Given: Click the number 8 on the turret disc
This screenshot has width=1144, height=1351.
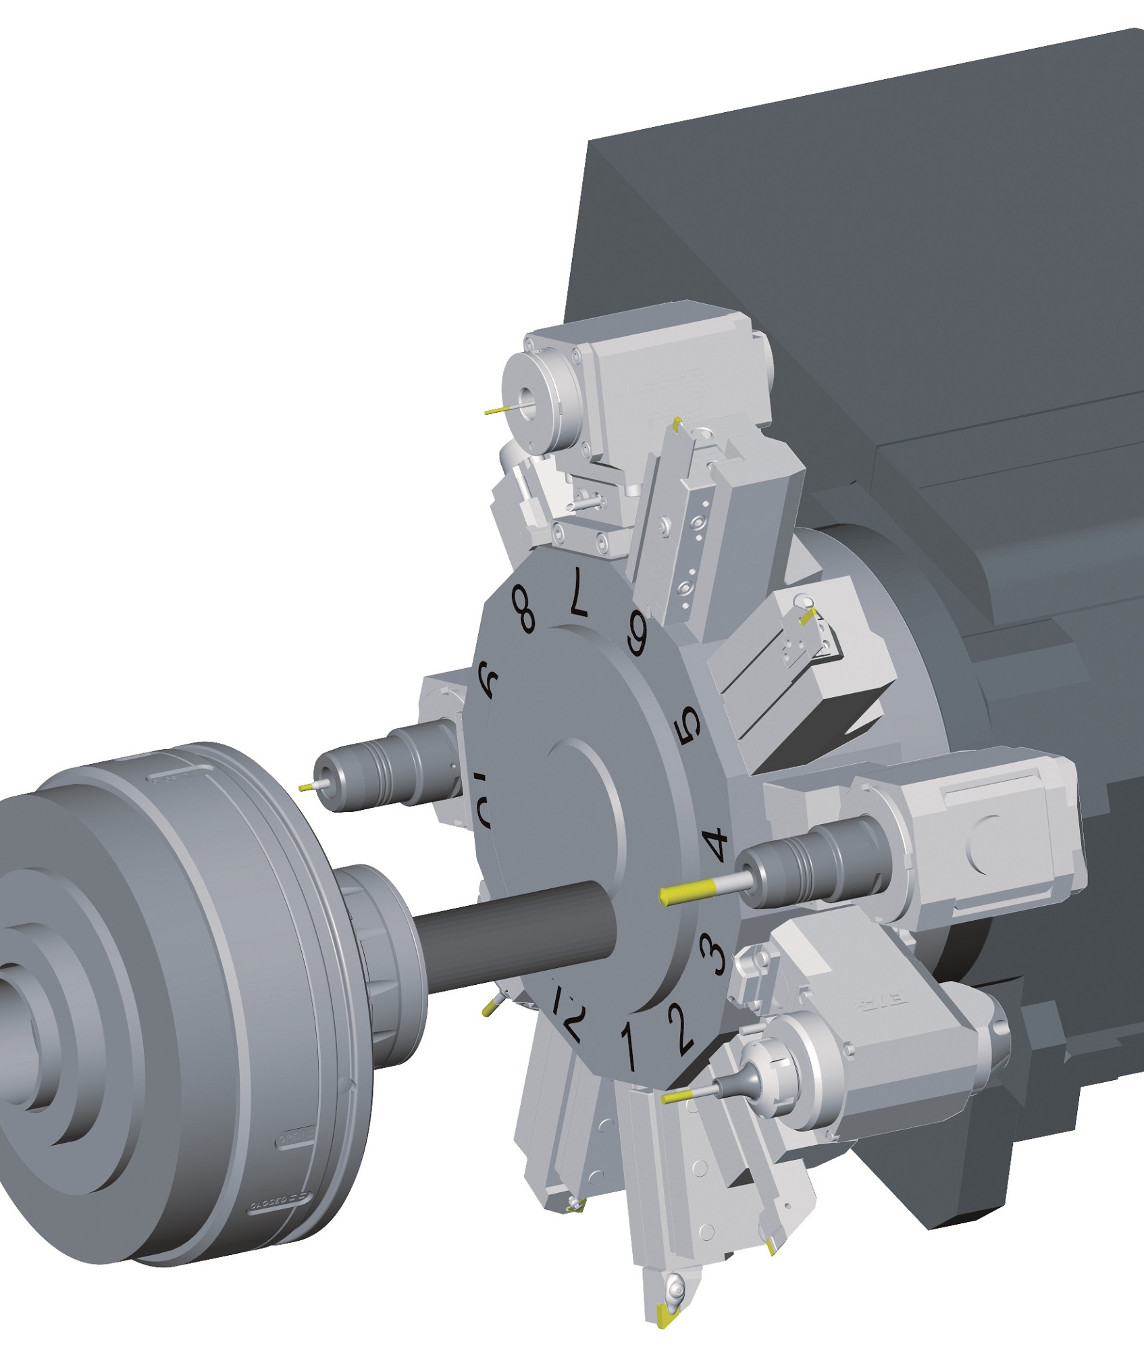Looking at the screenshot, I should pyautogui.click(x=524, y=609).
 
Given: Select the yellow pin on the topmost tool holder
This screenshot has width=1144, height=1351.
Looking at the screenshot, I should pyautogui.click(x=496, y=410).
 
